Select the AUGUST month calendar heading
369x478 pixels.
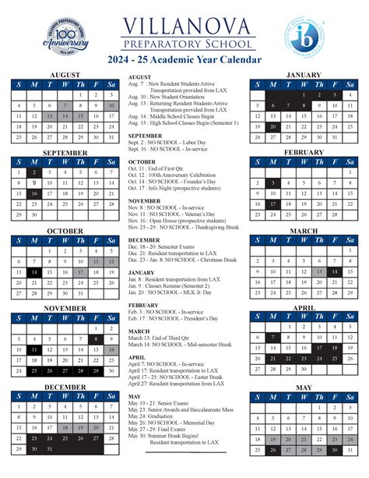65,76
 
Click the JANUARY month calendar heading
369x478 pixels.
303,74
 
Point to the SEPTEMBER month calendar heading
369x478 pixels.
65,153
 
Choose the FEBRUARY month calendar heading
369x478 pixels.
303,153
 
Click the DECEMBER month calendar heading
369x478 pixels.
65,387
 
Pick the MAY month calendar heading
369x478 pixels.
303,388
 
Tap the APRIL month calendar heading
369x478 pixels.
303,309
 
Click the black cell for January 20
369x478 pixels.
272,126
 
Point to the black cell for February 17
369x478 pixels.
272,204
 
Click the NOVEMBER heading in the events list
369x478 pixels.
145,200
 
